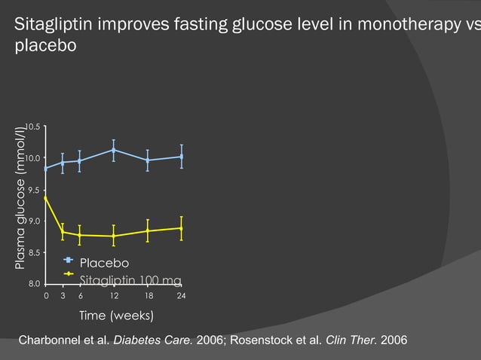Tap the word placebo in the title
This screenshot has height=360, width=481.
(x=46, y=47)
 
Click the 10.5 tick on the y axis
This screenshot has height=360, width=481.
(x=34, y=127)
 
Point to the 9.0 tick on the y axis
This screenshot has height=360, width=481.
(x=34, y=221)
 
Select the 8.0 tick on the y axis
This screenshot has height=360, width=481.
(x=34, y=284)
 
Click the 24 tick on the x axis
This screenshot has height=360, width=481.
(x=181, y=297)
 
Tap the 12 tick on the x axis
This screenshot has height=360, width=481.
(x=113, y=297)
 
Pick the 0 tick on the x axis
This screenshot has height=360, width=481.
(x=46, y=297)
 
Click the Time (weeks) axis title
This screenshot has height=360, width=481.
(x=116, y=315)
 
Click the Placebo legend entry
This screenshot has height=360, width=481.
(x=104, y=263)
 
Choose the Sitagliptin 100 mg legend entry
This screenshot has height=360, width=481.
(x=130, y=280)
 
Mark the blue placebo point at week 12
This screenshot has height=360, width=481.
(x=113, y=150)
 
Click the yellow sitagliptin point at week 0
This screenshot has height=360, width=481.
(x=46, y=197)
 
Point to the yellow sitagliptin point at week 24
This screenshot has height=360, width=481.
(x=181, y=228)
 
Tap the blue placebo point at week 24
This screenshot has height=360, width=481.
(x=181, y=157)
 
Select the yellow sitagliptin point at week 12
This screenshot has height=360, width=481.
(x=113, y=236)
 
